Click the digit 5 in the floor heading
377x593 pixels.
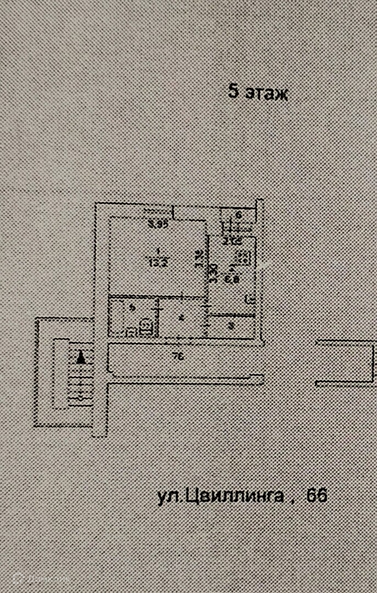[x=233, y=92]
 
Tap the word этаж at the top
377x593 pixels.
[x=266, y=93]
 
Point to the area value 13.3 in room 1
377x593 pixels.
[x=157, y=261]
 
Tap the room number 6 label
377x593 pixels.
[x=239, y=215]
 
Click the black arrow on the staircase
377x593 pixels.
[x=81, y=358]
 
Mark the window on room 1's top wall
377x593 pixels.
[x=157, y=210]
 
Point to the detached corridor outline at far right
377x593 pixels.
[x=345, y=362]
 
